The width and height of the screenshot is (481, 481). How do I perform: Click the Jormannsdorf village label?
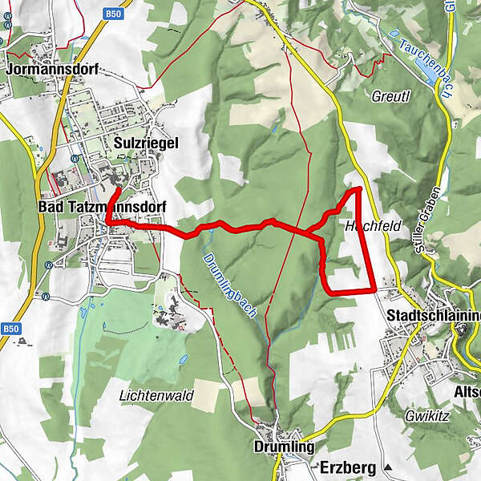point(52,69)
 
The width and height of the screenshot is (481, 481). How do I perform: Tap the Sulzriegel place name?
point(145,143)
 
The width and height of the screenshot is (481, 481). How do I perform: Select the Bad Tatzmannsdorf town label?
point(102,208)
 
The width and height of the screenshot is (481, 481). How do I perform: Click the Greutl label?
point(390,97)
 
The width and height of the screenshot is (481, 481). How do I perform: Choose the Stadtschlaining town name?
point(433,315)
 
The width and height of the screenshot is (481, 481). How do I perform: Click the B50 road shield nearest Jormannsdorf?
point(114,14)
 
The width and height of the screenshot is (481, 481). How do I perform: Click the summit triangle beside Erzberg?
point(388,467)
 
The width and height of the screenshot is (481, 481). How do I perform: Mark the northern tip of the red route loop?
point(357,188)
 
